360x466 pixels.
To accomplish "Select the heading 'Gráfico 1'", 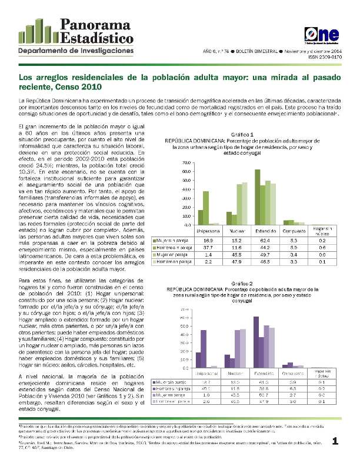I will click(x=242, y=135).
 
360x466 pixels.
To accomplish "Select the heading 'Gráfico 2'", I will click(x=242, y=283).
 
